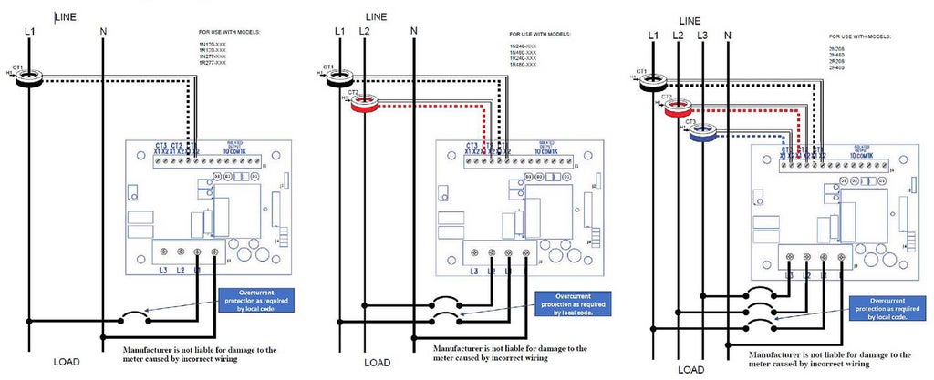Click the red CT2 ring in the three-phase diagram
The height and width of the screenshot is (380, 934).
pyautogui.click(x=679, y=108)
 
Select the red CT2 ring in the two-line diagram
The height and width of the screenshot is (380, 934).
pyautogui.click(x=363, y=105)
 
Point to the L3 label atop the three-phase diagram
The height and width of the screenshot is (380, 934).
pyautogui.click(x=701, y=36)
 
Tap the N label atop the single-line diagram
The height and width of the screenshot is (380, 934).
pyautogui.click(x=104, y=32)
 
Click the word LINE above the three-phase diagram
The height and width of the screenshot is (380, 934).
pyautogui.click(x=690, y=20)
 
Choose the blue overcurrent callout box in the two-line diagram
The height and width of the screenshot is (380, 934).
pyautogui.click(x=572, y=304)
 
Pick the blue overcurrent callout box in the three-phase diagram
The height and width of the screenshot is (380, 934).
pyautogui.click(x=888, y=307)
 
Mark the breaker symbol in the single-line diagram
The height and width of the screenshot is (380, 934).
pyautogui.click(x=133, y=318)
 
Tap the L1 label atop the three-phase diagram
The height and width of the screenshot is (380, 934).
pyautogui.click(x=652, y=36)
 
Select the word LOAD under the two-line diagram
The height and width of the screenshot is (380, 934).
pyautogui.click(x=377, y=363)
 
